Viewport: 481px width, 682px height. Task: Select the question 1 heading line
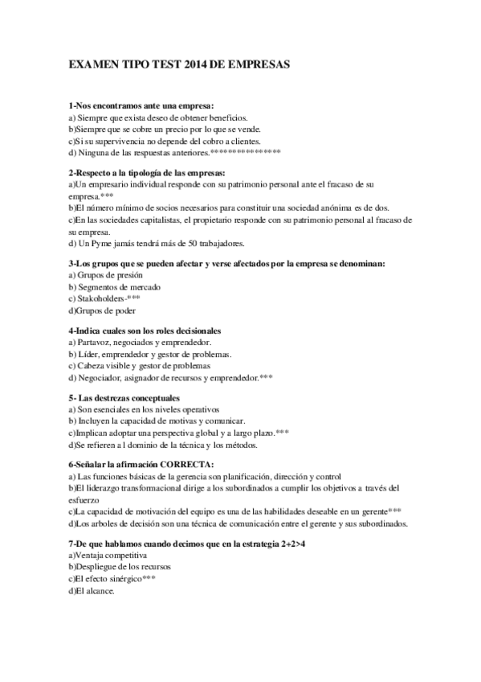pyautogui.click(x=141, y=105)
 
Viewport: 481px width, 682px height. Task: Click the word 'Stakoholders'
pyautogui.click(x=101, y=298)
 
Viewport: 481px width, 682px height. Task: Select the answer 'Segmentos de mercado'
pyautogui.click(x=115, y=287)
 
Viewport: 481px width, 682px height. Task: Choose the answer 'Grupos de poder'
pyautogui.click(x=103, y=310)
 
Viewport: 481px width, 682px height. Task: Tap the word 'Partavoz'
pyautogui.click(x=98, y=343)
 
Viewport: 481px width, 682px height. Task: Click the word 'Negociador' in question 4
pyautogui.click(x=102, y=376)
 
